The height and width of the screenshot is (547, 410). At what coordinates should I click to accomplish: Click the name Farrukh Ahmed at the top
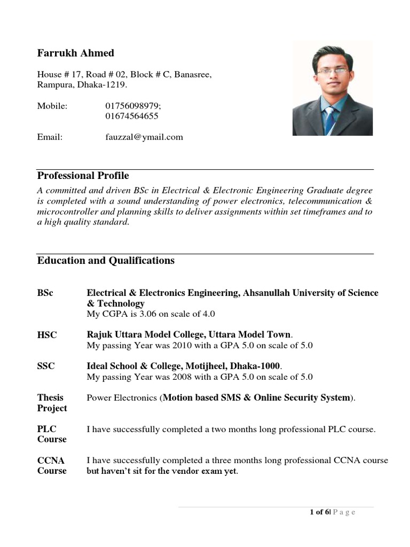point(75,53)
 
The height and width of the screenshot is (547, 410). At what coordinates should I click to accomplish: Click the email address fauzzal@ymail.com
point(144,137)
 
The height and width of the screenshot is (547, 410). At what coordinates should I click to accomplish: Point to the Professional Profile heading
point(83,176)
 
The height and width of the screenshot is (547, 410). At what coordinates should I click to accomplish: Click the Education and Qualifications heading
point(106,261)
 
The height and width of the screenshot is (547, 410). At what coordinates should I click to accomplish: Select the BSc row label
point(45,293)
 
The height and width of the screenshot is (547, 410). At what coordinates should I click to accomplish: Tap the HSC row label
point(47,335)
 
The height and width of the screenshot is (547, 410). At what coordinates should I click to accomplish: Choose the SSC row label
point(46,366)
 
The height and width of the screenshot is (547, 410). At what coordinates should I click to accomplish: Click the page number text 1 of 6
point(320,512)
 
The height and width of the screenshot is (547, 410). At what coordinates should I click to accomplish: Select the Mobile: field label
point(52,106)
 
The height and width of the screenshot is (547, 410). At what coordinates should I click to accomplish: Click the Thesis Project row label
point(52,403)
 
